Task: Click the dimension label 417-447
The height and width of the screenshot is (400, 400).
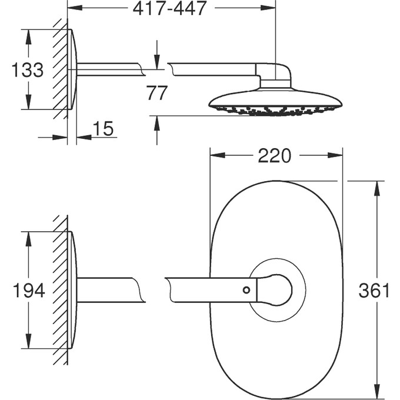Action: coord(169,8)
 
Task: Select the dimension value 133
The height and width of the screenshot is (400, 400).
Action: coord(28,69)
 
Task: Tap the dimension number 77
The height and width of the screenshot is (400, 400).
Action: coord(157,93)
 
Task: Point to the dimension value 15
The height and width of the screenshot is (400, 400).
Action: coord(103,129)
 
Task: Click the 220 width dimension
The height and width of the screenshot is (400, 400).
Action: coord(275,156)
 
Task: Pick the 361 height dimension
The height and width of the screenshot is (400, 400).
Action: coord(374,291)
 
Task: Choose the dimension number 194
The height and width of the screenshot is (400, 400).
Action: coord(29,291)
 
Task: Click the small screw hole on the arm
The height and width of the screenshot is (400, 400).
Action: coord(246,290)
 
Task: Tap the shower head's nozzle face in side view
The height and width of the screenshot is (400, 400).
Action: coord(275,110)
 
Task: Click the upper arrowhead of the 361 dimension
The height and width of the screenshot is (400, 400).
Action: coord(377,188)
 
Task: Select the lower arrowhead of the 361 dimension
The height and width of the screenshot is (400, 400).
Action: coord(377,391)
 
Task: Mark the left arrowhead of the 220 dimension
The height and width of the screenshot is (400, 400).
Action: coord(218,155)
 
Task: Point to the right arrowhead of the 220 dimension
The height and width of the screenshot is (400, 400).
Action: coord(335,155)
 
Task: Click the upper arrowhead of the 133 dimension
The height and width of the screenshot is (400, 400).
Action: coord(28,37)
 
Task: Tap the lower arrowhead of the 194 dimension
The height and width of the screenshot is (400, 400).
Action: coord(28,341)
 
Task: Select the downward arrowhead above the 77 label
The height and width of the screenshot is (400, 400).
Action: coord(157,62)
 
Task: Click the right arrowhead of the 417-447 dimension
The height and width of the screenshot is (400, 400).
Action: coord(268,8)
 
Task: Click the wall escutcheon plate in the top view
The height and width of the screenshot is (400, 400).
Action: coord(72,69)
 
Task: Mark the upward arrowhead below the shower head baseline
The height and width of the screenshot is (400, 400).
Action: coord(157,124)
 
